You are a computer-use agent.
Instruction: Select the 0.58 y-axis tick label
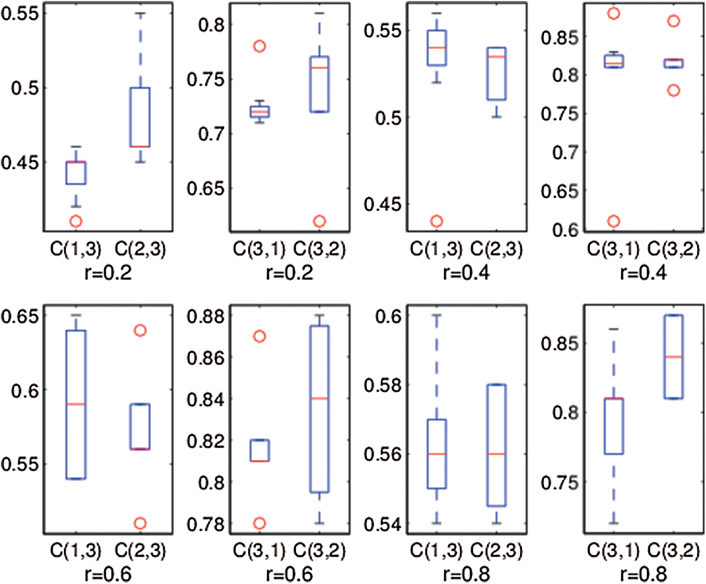point(382,385)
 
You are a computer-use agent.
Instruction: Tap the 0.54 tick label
point(382,524)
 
